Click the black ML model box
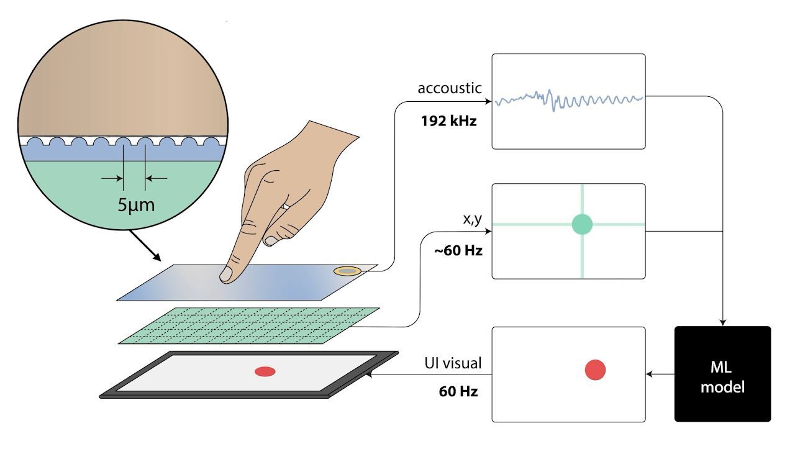tap(722, 374)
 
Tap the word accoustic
tap(449, 88)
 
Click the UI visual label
tap(453, 361)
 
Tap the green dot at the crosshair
tap(582, 224)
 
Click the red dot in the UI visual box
tap(595, 370)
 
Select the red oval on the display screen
tap(265, 371)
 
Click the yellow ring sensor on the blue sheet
tap(347, 270)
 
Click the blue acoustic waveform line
tap(568, 99)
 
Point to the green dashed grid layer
tap(248, 325)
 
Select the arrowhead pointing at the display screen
tap(369, 374)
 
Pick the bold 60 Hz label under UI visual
tap(458, 392)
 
